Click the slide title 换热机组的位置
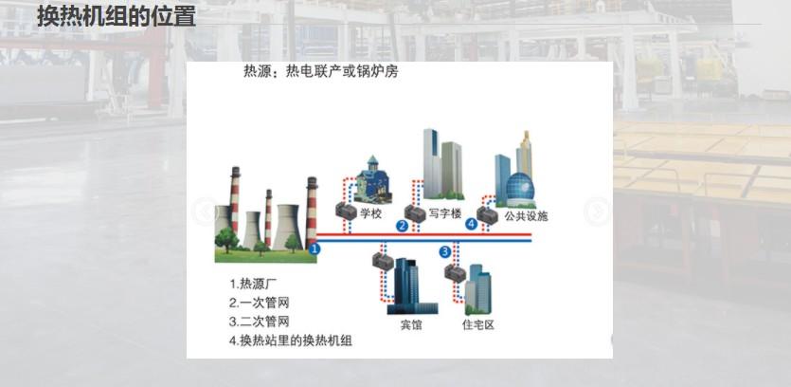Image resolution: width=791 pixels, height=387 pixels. (116, 16)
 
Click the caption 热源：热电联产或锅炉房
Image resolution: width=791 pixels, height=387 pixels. (320, 72)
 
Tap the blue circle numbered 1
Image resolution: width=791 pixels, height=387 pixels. (316, 249)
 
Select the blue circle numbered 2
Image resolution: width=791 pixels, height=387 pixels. (402, 226)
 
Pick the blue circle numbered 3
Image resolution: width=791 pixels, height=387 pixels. (444, 251)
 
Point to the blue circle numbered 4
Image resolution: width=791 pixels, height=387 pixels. (472, 225)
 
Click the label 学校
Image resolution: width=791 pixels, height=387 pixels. (370, 214)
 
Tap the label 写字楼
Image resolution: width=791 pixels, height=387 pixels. (443, 213)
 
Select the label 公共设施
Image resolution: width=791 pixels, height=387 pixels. (526, 216)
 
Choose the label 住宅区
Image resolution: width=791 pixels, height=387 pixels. (477, 325)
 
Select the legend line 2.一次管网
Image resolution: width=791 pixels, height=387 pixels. (259, 303)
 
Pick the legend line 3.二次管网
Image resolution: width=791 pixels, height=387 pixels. (259, 322)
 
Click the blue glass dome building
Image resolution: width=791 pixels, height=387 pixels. (521, 189)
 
